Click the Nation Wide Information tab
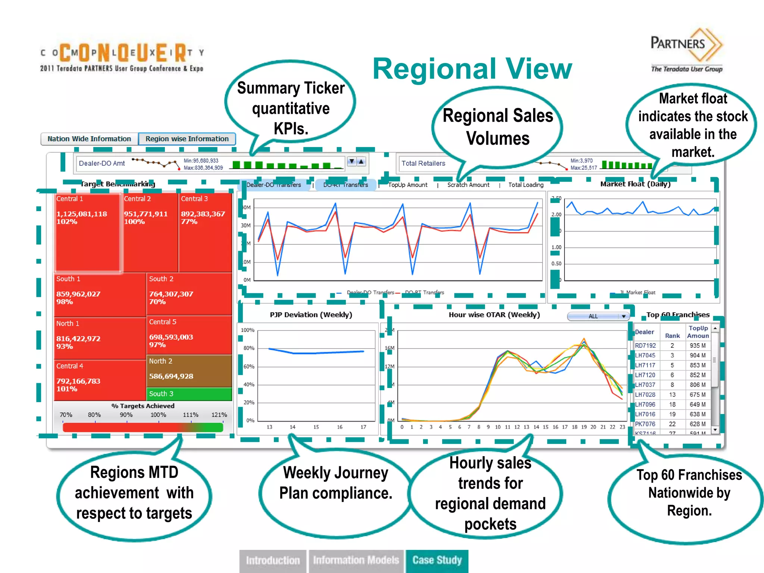click(89, 139)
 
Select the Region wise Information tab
click(187, 139)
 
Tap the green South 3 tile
click(189, 394)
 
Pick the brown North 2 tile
click(189, 371)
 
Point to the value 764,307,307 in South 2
click(171, 294)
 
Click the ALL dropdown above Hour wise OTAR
click(598, 316)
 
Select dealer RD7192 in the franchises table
click(645, 345)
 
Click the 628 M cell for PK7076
click(697, 424)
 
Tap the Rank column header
click(672, 336)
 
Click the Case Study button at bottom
click(437, 560)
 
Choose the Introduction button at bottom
click(273, 560)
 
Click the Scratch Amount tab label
click(468, 185)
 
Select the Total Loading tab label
click(526, 185)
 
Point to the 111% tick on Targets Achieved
click(191, 415)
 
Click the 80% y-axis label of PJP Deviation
click(249, 348)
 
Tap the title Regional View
click(472, 69)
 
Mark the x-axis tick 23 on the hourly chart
click(622, 427)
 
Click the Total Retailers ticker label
click(423, 163)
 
